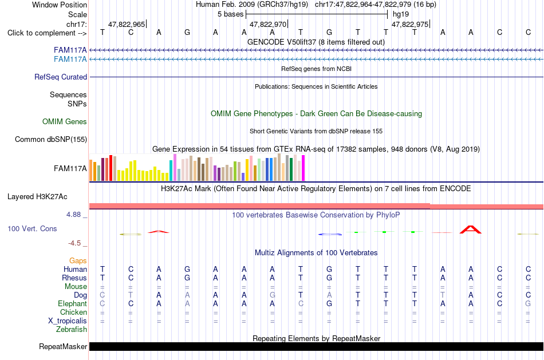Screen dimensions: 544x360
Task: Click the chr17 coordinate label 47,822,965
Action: pyautogui.click(x=127, y=24)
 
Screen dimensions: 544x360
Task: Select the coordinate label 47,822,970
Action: pyautogui.click(x=268, y=24)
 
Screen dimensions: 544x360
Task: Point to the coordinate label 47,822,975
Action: pyautogui.click(x=410, y=24)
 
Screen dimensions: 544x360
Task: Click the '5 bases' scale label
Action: pyautogui.click(x=230, y=14)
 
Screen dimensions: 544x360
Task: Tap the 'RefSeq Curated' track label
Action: pyautogui.click(x=61, y=77)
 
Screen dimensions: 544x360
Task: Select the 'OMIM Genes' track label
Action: pyautogui.click(x=65, y=121)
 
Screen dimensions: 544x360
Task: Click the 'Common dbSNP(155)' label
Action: pyautogui.click(x=51, y=140)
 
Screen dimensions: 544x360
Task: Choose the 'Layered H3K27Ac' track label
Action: pyautogui.click(x=37, y=197)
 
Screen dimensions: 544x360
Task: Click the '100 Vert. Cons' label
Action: pyautogui.click(x=32, y=228)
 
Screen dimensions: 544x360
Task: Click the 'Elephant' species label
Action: pyautogui.click(x=73, y=304)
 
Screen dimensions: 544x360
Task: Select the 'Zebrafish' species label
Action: pyautogui.click(x=72, y=330)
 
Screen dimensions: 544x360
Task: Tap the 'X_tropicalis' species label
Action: pyautogui.click(x=68, y=321)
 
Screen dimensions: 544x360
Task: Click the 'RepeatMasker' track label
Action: pyautogui.click(x=63, y=346)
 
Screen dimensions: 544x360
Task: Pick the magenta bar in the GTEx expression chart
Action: pyautogui.click(x=303, y=168)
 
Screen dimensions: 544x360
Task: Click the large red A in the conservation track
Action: pyautogui.click(x=471, y=230)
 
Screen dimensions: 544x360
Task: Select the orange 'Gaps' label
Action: pyautogui.click(x=78, y=261)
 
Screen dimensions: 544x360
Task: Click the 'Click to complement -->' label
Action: pyautogui.click(x=47, y=33)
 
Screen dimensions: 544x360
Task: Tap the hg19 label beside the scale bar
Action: pyautogui.click(x=401, y=14)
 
